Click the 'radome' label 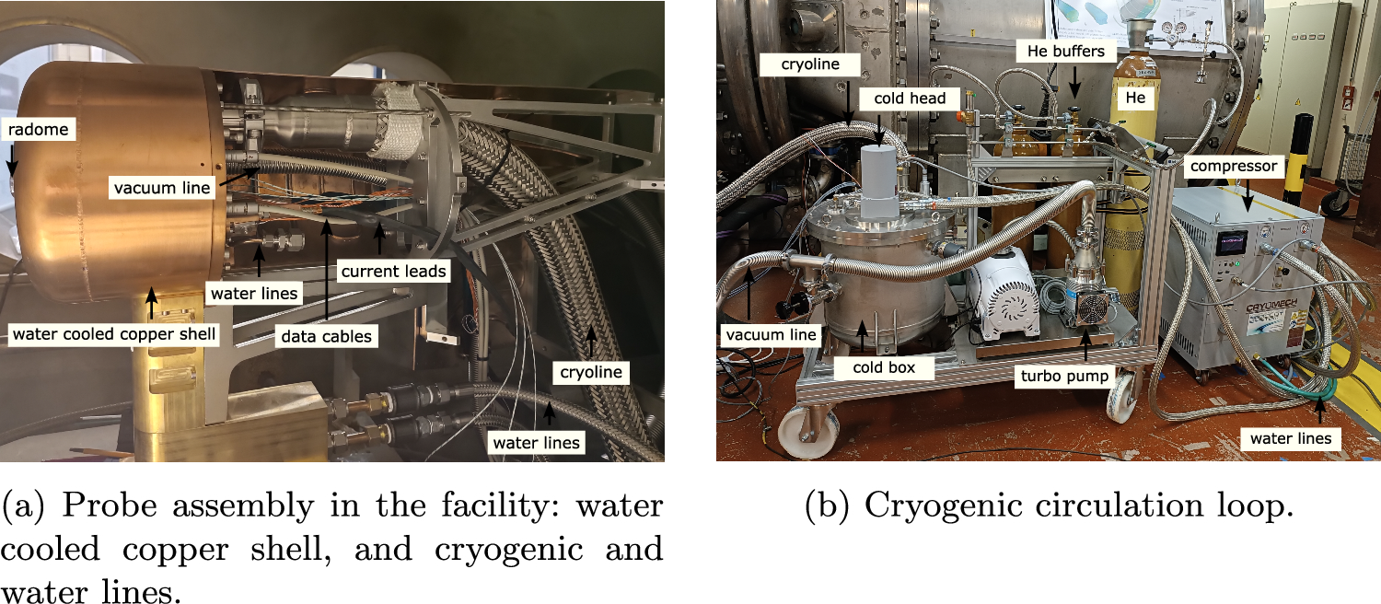[x=39, y=130]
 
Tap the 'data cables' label [x=326, y=337]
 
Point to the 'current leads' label [x=393, y=272]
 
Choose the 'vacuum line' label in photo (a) [x=163, y=189]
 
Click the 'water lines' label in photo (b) [x=1290, y=438]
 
